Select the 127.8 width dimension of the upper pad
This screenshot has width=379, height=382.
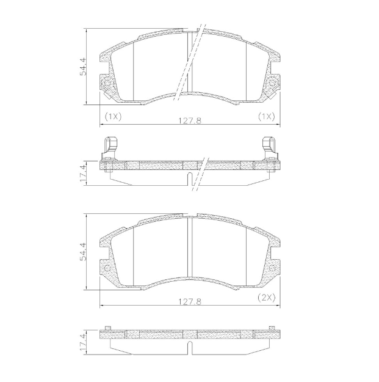(x=189, y=120)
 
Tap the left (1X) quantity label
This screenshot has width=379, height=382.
(x=113, y=116)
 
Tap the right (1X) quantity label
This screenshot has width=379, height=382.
(x=265, y=116)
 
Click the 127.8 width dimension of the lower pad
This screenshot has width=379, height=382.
(x=189, y=302)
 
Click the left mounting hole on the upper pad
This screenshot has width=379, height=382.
(x=108, y=83)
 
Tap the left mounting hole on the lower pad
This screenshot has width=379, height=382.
(x=108, y=267)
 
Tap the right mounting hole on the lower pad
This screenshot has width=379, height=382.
(x=272, y=267)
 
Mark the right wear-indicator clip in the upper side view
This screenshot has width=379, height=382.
(x=269, y=147)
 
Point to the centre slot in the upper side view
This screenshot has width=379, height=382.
(x=190, y=180)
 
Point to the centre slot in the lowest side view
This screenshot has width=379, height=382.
(x=190, y=350)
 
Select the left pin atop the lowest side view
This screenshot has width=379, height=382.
(x=108, y=328)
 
